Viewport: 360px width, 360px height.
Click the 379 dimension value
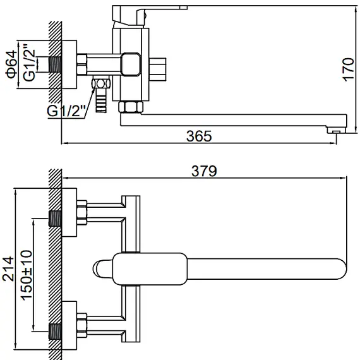coord(204,171)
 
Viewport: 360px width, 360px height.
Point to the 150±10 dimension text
coord(27,270)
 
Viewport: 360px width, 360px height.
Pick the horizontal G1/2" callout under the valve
coord(64,111)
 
